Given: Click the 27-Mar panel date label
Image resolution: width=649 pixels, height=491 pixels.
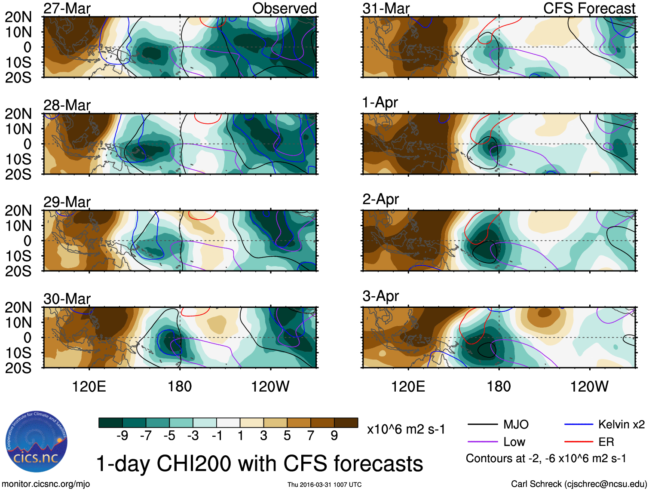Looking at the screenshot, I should pos(67,9).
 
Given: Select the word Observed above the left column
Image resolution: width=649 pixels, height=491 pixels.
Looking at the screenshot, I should pos(284,9).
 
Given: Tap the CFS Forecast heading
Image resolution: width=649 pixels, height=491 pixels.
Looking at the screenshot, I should pos(589,9).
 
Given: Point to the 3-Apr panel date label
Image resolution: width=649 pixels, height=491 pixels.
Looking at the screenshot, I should pos(380,296).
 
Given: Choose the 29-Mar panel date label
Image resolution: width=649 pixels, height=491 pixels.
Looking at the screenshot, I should pos(67,202).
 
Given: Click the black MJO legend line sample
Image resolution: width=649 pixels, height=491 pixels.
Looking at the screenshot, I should pos(482,425).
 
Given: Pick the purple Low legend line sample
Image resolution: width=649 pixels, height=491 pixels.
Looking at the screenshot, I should pos(482,442).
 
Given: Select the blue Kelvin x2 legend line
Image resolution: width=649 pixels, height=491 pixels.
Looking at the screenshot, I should pos(579,425).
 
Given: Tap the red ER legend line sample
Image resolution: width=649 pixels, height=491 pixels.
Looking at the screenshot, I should pos(579,442).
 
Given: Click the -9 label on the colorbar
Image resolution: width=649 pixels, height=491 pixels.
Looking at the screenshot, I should pos(122,436).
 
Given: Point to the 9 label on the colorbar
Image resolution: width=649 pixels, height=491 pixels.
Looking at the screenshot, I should pos(334,436).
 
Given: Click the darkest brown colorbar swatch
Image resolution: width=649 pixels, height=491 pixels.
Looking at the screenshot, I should pos(346,423).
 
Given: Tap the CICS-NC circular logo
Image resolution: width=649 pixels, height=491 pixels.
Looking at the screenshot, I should pos(37,442).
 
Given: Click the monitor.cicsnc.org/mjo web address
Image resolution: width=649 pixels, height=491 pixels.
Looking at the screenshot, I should pos(46,484).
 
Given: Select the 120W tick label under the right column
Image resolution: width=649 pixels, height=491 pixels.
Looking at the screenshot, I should pos(589,387).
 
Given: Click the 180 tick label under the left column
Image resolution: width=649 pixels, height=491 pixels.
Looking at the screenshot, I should pos(180,387).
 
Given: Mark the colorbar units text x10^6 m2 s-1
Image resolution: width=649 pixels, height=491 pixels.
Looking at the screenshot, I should pos(406,430).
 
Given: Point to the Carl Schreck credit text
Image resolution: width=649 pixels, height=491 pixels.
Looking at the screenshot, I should pos(579,484).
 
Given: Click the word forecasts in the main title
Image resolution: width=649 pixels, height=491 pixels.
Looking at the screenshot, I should pos(378,464).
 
